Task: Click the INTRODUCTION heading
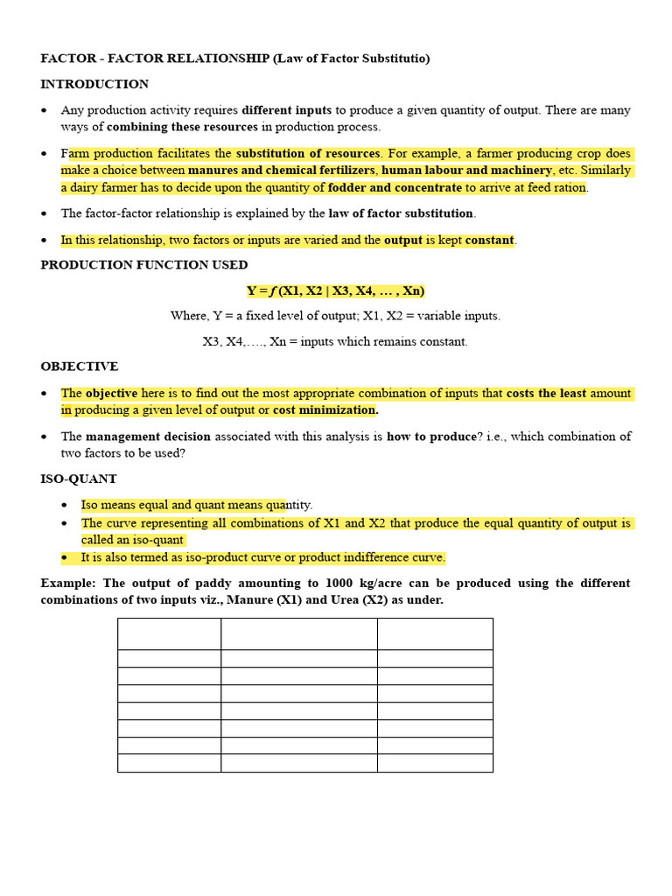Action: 94,84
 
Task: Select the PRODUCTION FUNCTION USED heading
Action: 144,264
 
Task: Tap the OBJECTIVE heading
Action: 79,367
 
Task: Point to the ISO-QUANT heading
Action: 79,479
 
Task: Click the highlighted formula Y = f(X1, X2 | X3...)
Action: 335,290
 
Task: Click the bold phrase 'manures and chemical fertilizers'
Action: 282,171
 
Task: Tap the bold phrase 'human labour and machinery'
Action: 466,171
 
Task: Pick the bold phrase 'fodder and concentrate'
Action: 395,187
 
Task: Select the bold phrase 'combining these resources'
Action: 182,127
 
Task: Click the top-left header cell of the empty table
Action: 169,633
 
